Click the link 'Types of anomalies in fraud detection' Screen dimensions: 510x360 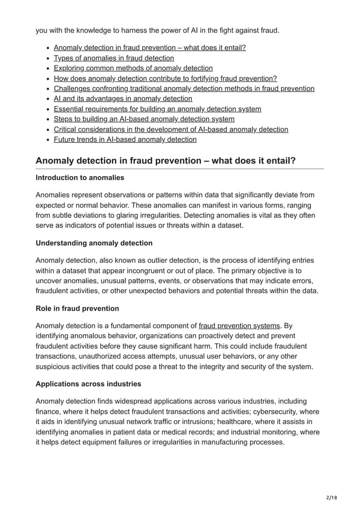[x=114, y=58]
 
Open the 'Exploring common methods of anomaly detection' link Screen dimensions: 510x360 [x=133, y=68]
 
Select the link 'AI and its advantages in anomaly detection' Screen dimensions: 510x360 [x=123, y=98]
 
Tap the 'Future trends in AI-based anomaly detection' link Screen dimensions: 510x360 [x=125, y=139]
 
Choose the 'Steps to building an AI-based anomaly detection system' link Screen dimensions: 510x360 [x=144, y=119]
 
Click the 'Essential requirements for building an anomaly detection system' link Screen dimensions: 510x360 [x=157, y=108]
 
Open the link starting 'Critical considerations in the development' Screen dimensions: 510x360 [x=171, y=129]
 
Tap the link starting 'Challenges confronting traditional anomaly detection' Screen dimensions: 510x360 [x=184, y=88]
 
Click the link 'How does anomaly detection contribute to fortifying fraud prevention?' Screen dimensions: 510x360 [x=165, y=78]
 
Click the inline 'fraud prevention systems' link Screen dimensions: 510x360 [x=240, y=325]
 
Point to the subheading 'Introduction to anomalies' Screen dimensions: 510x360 [x=80, y=178]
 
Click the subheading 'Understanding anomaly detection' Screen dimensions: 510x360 [x=94, y=243]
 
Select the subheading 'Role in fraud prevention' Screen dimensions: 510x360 [x=77, y=308]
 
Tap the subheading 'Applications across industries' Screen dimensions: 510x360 [x=89, y=384]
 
